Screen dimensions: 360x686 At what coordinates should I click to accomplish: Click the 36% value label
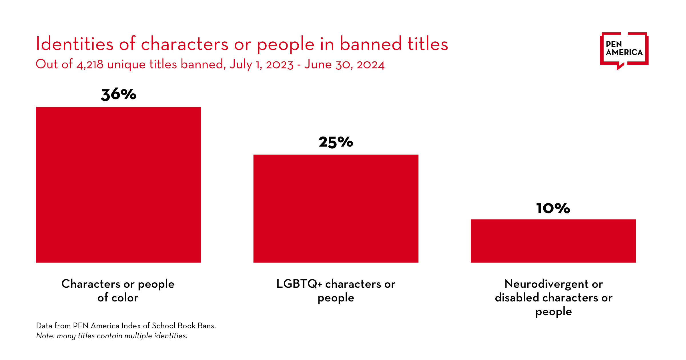tap(119, 95)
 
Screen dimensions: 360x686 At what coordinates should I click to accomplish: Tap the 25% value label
tap(336, 142)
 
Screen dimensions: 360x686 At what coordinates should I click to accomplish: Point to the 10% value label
tap(553, 208)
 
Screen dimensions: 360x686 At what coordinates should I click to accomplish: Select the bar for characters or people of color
tap(119, 185)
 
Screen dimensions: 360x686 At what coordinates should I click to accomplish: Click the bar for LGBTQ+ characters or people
tap(336, 209)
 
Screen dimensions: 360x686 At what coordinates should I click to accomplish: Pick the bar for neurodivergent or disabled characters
tap(553, 241)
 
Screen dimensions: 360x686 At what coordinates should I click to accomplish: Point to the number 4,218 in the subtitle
tap(90, 65)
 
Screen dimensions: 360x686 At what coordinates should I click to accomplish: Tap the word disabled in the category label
tap(517, 298)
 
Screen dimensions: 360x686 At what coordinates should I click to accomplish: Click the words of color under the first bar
tap(118, 298)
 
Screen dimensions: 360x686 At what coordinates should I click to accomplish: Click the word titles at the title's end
tap(428, 44)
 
